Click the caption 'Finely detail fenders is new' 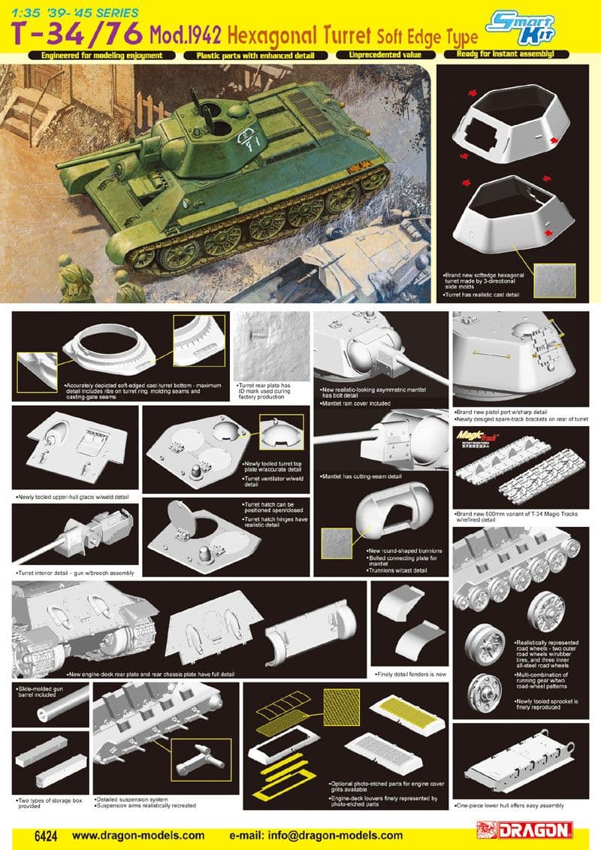(409, 674)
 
